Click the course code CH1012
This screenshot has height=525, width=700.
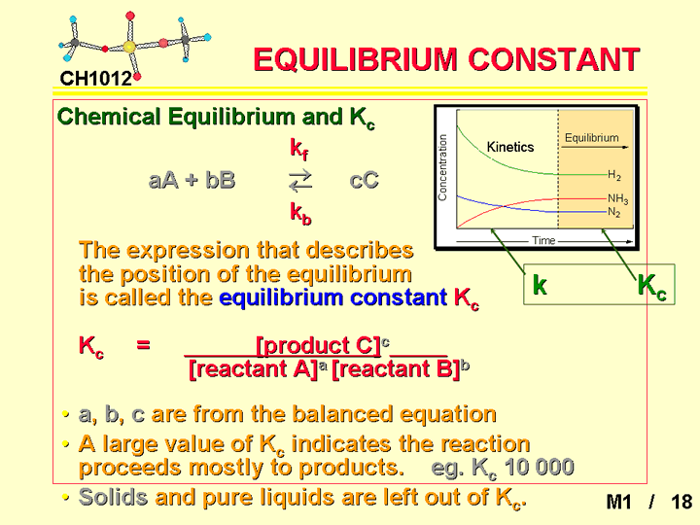point(96,79)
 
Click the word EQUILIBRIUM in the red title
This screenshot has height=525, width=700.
point(356,59)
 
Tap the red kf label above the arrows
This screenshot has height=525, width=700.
point(299,149)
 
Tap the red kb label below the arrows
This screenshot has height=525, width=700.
point(300,213)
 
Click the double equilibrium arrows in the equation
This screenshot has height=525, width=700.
point(300,181)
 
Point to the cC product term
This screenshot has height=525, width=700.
point(364,181)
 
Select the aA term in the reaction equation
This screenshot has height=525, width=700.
point(163,181)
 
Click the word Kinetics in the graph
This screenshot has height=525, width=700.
point(510,147)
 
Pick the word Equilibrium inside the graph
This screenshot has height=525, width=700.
point(592,138)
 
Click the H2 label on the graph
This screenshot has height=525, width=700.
point(614,175)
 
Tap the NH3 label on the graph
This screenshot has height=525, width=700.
point(618,198)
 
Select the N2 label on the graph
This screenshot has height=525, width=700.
point(614,212)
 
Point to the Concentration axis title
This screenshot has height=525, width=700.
point(442,167)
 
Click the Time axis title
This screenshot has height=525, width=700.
point(543,241)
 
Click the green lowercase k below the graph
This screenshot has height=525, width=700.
point(540,284)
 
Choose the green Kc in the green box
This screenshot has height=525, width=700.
point(651,286)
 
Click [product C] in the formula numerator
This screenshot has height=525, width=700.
point(319,345)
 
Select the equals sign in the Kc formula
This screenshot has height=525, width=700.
point(143,344)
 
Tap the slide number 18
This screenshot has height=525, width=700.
point(682,502)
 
